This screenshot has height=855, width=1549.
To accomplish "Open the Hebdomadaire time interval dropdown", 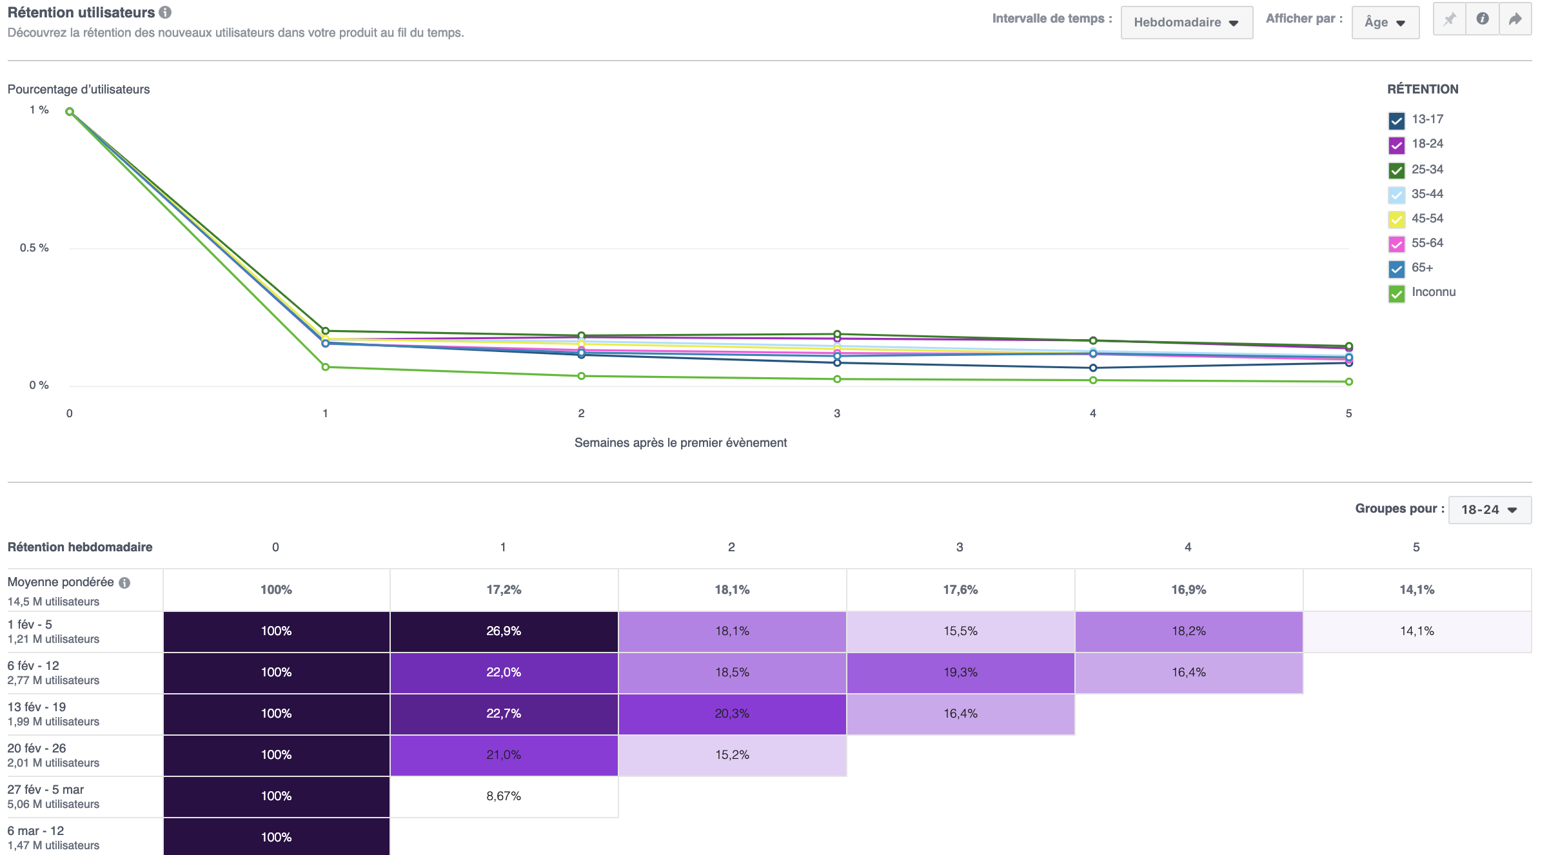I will (x=1186, y=23).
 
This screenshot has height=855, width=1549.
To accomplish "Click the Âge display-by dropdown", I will (x=1385, y=23).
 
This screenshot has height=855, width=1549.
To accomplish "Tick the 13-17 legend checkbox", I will (x=1396, y=121).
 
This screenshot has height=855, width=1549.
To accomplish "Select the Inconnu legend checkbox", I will (x=1396, y=294).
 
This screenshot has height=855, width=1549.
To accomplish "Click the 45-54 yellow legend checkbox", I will (x=1396, y=220).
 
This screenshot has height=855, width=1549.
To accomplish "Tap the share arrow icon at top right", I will (x=1515, y=19).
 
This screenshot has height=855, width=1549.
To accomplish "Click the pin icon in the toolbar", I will (x=1449, y=19).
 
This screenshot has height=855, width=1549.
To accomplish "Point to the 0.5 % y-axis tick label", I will (x=34, y=248).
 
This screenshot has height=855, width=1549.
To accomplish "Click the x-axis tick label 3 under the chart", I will (x=836, y=413).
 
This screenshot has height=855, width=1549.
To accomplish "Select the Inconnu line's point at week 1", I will (x=325, y=367).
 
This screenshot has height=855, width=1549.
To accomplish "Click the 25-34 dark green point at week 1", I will (x=325, y=331).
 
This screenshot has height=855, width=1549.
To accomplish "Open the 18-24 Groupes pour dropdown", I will (x=1489, y=509).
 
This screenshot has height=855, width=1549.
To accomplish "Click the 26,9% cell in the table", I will (x=504, y=631).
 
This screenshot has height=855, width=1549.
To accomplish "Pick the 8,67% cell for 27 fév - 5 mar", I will (x=504, y=796).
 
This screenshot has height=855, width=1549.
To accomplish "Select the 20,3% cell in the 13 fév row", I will (x=732, y=714).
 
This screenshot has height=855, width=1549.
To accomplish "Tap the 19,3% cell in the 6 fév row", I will (x=960, y=673).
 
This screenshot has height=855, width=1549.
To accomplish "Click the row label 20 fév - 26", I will (x=37, y=748).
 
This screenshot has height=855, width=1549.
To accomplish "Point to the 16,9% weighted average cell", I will (x=1188, y=589).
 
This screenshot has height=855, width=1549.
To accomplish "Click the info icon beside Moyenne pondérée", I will (x=124, y=583).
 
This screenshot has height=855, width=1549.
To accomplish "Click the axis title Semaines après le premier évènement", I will (x=680, y=442).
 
